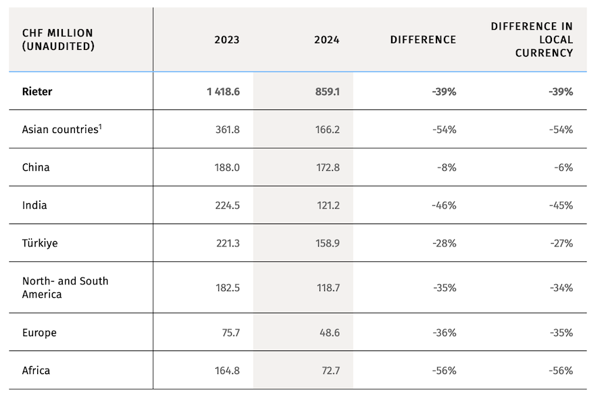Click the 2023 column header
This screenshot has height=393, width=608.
tap(226, 40)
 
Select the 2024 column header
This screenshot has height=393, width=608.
tap(326, 40)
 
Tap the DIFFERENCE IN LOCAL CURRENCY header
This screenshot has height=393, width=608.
tap(532, 39)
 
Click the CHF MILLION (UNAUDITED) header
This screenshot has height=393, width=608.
tap(58, 39)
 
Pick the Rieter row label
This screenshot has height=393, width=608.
tap(37, 91)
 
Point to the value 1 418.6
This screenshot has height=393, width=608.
tap(223, 91)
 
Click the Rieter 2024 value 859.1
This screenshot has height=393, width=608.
tap(327, 91)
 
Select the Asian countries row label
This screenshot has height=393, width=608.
tap(59, 130)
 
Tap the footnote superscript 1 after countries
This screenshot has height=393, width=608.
tap(101, 126)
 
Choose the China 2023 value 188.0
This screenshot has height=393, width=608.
tap(227, 167)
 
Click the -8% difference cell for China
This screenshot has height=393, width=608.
tap(447, 167)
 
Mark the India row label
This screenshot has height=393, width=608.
tap(34, 205)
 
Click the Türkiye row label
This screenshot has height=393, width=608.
tap(40, 243)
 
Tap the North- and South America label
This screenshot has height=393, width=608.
tap(65, 288)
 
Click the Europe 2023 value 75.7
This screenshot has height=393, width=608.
tap(228, 333)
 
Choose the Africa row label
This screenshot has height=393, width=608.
tap(36, 371)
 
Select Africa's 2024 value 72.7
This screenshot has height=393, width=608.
tap(328, 371)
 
